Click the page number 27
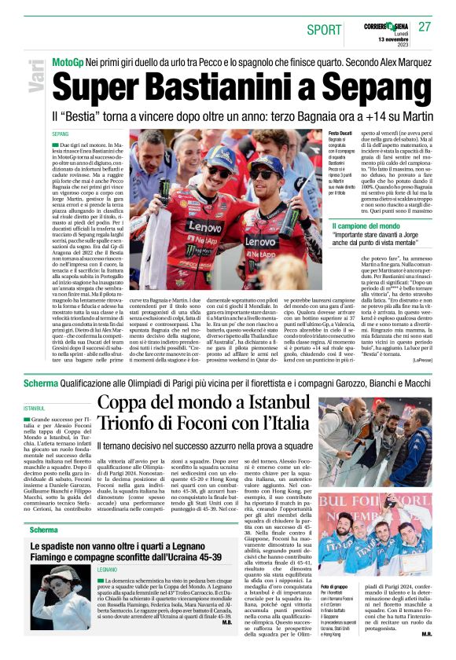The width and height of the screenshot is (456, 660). point(425,27)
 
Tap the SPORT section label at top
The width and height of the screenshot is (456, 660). point(324,29)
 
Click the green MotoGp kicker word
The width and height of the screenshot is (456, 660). point(68,61)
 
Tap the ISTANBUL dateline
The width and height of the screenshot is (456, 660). point(35,409)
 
